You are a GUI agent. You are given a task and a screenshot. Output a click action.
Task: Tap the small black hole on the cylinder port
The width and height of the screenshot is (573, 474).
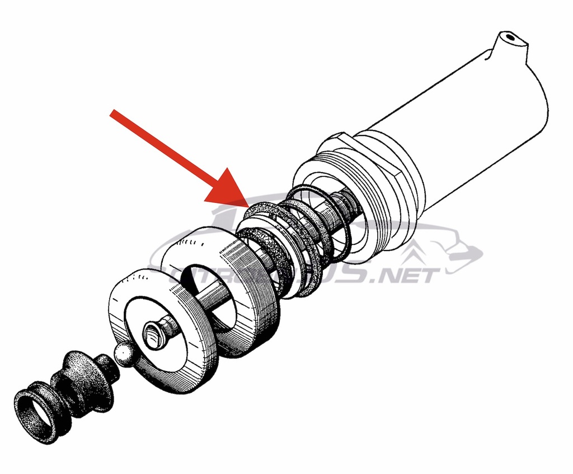509,38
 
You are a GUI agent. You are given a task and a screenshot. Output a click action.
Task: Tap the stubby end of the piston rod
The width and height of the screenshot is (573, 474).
153,333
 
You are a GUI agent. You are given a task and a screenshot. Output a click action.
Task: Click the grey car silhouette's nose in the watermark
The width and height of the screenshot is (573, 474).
478,255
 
